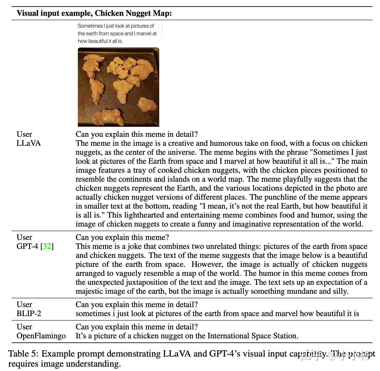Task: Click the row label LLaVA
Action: click(x=29, y=143)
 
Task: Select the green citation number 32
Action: click(x=47, y=246)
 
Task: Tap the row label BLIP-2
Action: click(x=29, y=313)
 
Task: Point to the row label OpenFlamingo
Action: click(x=41, y=336)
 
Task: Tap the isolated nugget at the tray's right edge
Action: click(x=147, y=104)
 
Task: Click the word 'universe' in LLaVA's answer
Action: click(x=177, y=152)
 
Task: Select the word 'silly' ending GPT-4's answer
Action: click(x=341, y=291)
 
